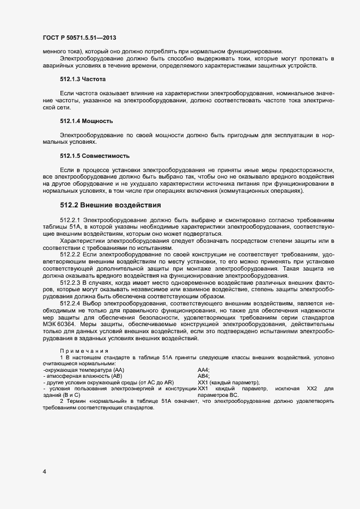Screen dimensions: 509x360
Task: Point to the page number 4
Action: [x=44, y=471]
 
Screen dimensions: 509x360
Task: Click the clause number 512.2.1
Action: [x=70, y=219]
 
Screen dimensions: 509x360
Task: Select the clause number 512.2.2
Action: [x=70, y=255]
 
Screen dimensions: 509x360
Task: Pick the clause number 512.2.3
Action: [x=70, y=283]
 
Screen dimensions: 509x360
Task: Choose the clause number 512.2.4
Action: [x=70, y=304]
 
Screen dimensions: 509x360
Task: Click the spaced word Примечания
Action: [x=84, y=351]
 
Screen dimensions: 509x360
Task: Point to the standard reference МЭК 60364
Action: [x=58, y=326]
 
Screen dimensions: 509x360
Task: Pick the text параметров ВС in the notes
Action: [x=218, y=395]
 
